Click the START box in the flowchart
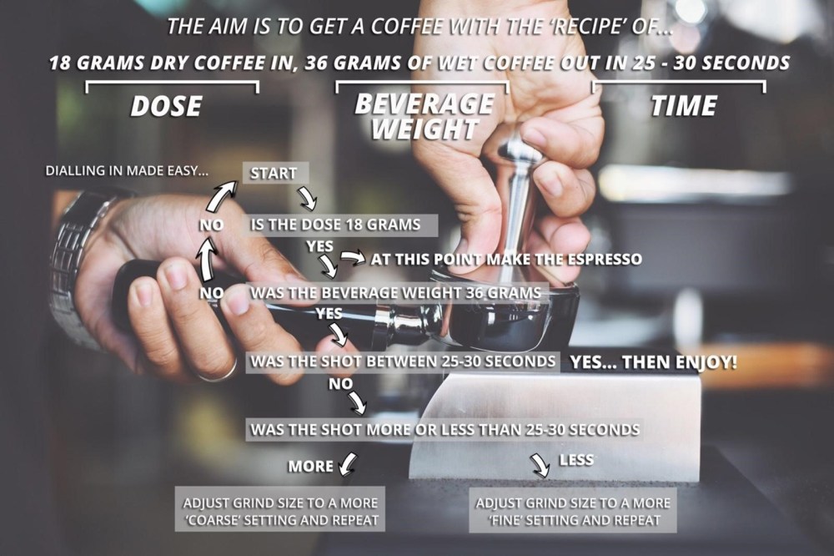pyautogui.click(x=275, y=173)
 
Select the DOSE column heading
pyautogui.click(x=167, y=106)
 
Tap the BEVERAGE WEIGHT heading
pyautogui.click(x=425, y=117)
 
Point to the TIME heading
pyautogui.click(x=684, y=105)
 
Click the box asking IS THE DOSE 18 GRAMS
pyautogui.click(x=341, y=225)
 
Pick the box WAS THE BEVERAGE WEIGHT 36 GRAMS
pyautogui.click(x=397, y=293)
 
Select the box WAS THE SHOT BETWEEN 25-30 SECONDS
pyautogui.click(x=403, y=361)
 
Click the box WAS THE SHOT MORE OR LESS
pyautogui.click(x=445, y=429)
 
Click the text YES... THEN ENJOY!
pyautogui.click(x=654, y=362)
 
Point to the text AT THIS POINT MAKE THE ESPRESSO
pyautogui.click(x=506, y=260)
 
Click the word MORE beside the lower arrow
pyautogui.click(x=310, y=467)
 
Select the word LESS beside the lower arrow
pyautogui.click(x=576, y=460)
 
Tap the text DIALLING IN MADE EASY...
pyautogui.click(x=127, y=171)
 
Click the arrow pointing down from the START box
pyautogui.click(x=308, y=198)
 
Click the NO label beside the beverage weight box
pyautogui.click(x=211, y=292)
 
